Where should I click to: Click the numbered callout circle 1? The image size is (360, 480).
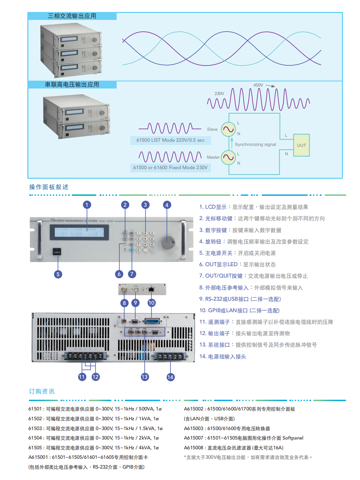tap(87, 205)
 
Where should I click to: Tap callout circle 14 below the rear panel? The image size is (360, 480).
tap(170, 377)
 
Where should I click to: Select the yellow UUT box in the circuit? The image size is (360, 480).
tap(301, 145)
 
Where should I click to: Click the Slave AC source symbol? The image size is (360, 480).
tap(228, 129)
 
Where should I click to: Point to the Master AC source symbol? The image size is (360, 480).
tap(228, 157)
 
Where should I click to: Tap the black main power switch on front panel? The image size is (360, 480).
tap(57, 251)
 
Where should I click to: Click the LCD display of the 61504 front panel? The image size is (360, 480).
tap(79, 232)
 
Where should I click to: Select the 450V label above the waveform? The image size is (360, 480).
tap(258, 85)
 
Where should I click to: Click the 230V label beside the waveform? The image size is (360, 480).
tap(219, 94)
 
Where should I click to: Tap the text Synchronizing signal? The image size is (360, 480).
tap(255, 144)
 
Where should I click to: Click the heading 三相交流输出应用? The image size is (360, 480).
tap(72, 16)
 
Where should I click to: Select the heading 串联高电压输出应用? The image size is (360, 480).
tap(72, 85)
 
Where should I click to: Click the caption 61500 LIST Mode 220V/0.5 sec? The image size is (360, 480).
tap(171, 140)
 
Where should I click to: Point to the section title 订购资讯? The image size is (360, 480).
tap(42, 392)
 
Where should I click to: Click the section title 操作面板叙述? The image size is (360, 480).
tap(49, 187)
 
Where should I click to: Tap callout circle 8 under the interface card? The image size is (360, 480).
tap(124, 303)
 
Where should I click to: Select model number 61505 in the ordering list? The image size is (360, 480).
tap(35, 448)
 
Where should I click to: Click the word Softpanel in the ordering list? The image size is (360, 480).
tap(293, 438)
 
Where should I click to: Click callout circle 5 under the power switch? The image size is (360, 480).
tap(58, 274)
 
